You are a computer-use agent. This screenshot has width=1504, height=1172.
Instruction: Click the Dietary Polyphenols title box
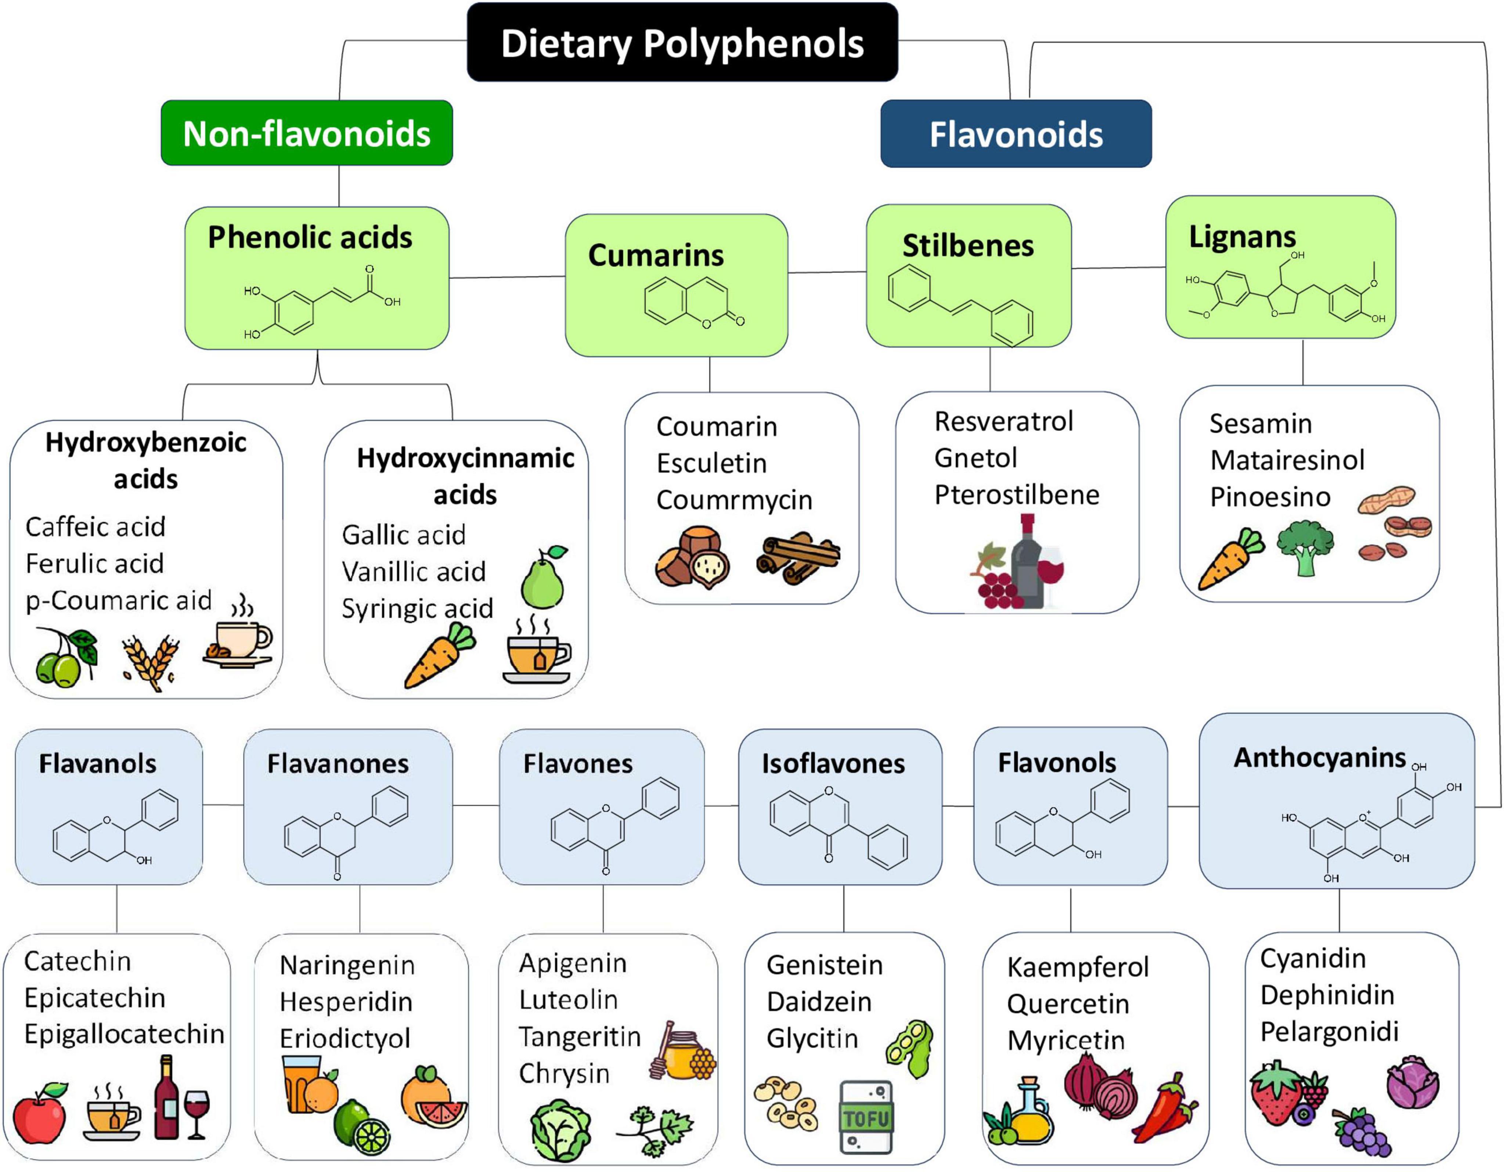click(x=682, y=43)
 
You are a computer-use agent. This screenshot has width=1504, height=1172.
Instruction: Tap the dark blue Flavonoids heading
click(x=1016, y=134)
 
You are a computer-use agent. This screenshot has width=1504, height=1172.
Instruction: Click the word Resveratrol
click(x=1003, y=422)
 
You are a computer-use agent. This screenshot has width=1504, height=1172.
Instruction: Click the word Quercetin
click(x=1067, y=1004)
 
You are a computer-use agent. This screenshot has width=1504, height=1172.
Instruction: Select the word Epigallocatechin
click(x=124, y=1034)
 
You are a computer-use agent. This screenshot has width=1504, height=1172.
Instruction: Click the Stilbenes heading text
click(x=967, y=246)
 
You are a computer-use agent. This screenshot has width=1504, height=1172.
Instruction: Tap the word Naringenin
click(x=347, y=965)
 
